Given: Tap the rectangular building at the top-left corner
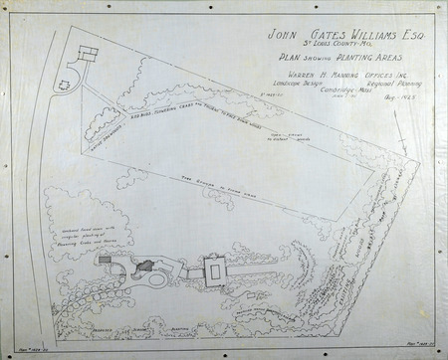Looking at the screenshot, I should pyautogui.click(x=88, y=52).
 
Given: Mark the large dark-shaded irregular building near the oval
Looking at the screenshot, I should pyautogui.click(x=142, y=264).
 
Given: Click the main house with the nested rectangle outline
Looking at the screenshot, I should pyautogui.click(x=214, y=270).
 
